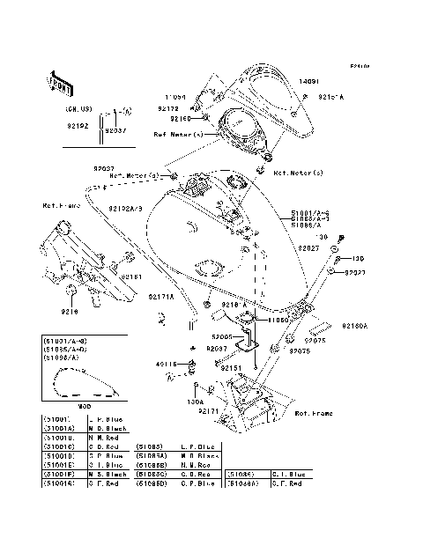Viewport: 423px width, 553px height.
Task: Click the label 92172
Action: coord(168,108)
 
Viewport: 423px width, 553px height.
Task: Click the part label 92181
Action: coord(132,276)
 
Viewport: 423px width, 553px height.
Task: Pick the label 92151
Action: coord(232,368)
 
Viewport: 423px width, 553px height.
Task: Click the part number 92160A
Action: coord(354,325)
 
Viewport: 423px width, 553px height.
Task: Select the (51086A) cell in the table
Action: coord(242,483)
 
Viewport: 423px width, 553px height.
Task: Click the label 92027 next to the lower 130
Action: coord(356,273)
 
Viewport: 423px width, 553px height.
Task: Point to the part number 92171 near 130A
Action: coord(209,411)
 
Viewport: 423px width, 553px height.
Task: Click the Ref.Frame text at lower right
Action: coord(313,412)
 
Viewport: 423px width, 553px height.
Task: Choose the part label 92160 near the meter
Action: coord(181,118)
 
